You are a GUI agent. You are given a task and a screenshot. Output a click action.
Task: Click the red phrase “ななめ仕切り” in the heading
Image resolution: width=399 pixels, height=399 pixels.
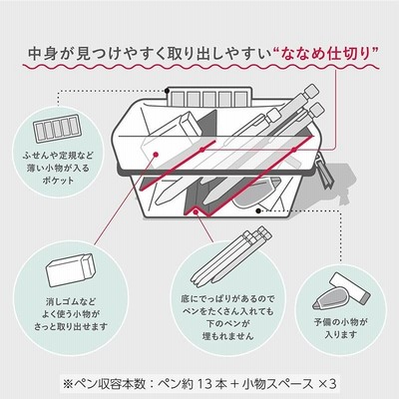point(327,54)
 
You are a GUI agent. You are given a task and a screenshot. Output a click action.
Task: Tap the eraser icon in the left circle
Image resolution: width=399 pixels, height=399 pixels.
point(71,270)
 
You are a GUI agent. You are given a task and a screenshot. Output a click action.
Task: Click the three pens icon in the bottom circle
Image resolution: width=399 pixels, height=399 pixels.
point(231,256)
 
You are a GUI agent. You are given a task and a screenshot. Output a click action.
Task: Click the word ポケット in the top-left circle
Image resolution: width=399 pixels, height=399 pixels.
point(58,181)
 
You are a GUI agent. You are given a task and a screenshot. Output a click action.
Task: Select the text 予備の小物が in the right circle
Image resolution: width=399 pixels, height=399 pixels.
point(341,322)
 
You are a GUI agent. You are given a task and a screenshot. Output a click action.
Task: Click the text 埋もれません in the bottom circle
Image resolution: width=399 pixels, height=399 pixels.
point(228,336)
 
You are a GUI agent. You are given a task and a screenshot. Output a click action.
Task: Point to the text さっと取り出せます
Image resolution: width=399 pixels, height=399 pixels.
point(71,326)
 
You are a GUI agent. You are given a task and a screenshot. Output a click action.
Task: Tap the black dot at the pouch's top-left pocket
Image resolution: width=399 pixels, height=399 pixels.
point(168,91)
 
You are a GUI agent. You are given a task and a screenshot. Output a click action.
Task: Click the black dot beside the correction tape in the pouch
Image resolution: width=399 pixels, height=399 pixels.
point(258,210)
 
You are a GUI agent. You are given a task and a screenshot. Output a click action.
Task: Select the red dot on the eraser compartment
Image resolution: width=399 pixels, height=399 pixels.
point(156,154)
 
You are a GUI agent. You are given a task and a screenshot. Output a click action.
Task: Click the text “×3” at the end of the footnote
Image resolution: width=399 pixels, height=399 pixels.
point(327,384)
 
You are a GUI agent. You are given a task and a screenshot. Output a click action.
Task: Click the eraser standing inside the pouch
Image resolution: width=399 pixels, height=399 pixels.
point(190,123)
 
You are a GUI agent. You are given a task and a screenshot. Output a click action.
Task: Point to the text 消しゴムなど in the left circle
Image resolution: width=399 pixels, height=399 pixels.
point(71,302)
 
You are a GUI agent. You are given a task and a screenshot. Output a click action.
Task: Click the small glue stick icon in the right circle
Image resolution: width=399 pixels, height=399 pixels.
point(350,287)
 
